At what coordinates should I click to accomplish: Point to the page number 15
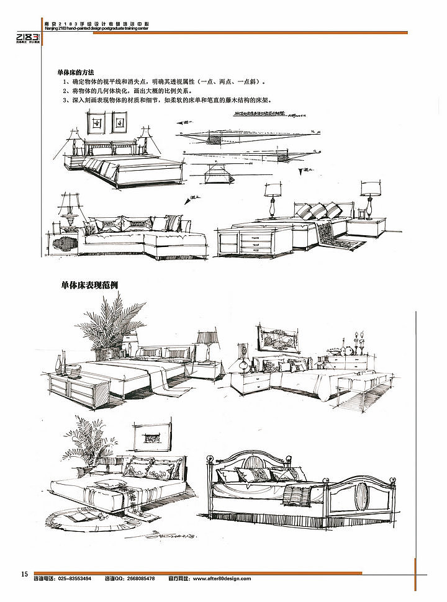pos(24,573)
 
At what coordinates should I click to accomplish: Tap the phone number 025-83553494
pos(74,578)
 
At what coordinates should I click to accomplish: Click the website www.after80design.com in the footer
pos(222,578)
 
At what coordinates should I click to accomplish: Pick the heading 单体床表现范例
pos(89,285)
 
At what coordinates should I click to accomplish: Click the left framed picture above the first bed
pos(96,123)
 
